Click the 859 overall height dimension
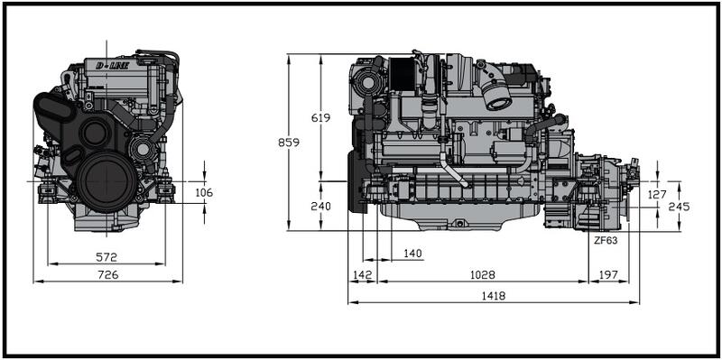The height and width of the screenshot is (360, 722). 289,143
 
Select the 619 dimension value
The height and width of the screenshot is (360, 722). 320,118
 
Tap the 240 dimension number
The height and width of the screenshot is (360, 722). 320,207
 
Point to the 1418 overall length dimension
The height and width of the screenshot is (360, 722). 495,296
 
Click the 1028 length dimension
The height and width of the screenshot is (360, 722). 483,275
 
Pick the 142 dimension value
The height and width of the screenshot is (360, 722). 363,275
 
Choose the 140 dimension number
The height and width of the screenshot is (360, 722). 412,254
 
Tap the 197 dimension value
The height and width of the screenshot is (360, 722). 608,275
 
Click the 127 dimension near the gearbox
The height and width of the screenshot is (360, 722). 657,195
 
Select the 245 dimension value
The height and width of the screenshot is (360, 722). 680,207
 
